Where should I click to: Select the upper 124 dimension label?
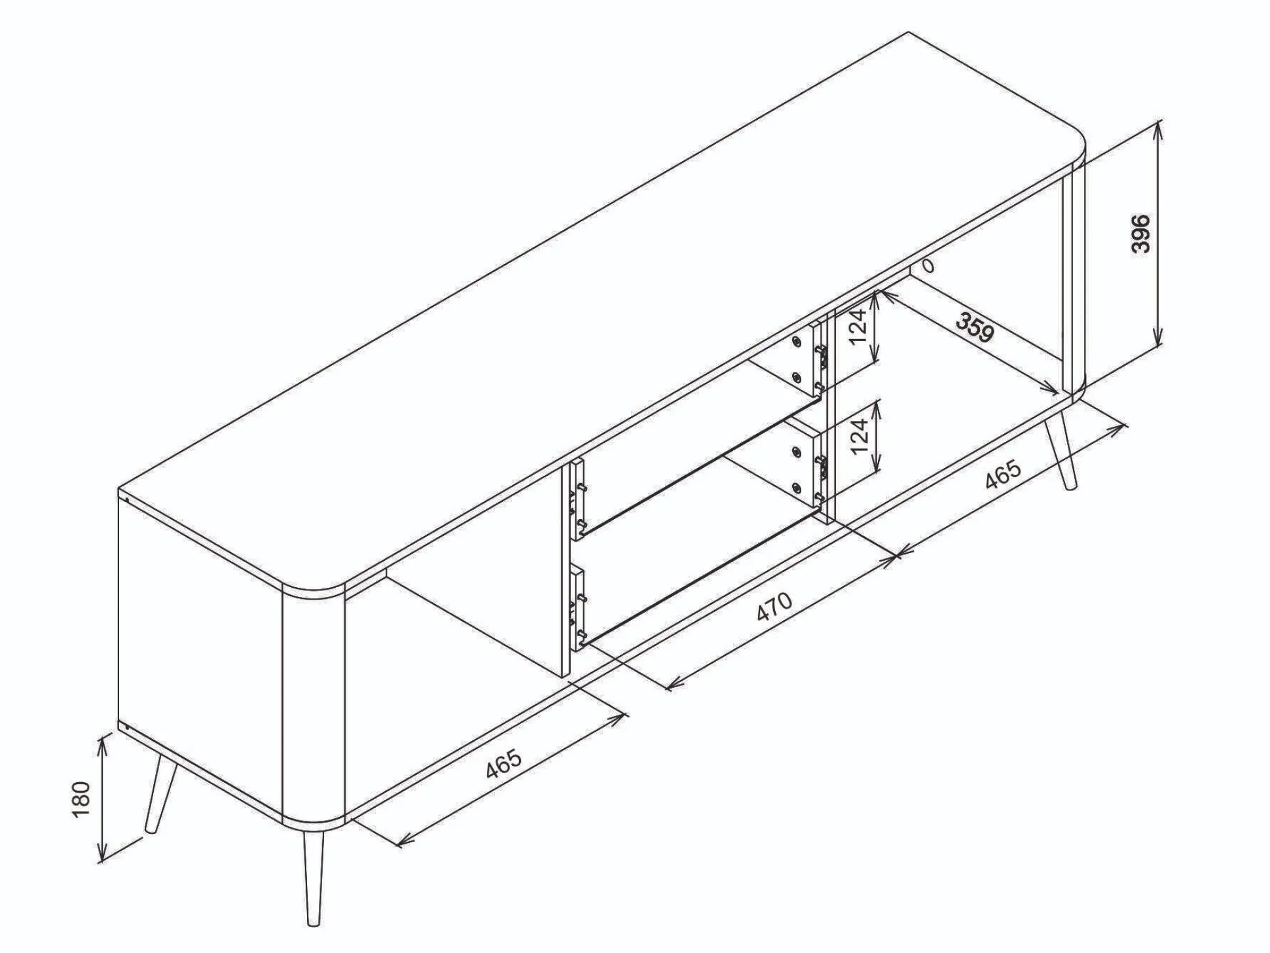(x=860, y=326)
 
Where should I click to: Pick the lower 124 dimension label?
(x=860, y=435)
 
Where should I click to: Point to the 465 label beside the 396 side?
(x=1003, y=474)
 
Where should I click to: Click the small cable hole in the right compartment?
(x=928, y=266)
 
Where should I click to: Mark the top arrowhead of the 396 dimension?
(x=1158, y=128)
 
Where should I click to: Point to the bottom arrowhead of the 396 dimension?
(x=1158, y=339)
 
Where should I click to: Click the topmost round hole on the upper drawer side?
(x=797, y=341)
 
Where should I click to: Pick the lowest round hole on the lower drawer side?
(x=797, y=486)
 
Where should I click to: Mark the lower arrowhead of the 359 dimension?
(x=1051, y=390)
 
